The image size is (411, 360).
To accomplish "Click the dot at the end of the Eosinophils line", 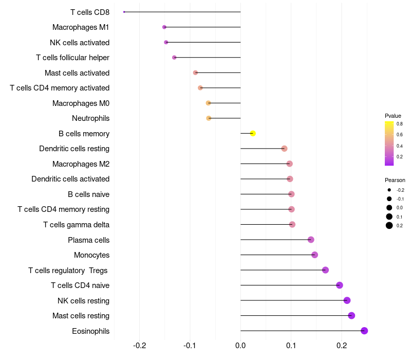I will (364, 331).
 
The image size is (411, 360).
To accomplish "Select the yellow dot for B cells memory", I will (253, 134).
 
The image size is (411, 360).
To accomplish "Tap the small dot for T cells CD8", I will (124, 12).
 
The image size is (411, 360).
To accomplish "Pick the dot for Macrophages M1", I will (164, 27).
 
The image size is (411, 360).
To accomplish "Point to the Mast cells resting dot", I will (351, 316).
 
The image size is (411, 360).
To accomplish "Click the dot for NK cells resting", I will (347, 300).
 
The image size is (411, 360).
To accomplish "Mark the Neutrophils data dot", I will (209, 118).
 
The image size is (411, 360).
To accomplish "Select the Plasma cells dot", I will (311, 240).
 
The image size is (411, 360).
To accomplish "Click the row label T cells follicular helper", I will (72, 58).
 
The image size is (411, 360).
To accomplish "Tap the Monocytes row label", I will (91, 255).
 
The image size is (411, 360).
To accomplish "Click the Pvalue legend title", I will (393, 116).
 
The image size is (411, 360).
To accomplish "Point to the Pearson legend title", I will (395, 180).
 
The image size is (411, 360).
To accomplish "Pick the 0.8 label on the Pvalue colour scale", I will (399, 124).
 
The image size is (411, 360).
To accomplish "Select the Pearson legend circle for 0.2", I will (389, 225).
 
